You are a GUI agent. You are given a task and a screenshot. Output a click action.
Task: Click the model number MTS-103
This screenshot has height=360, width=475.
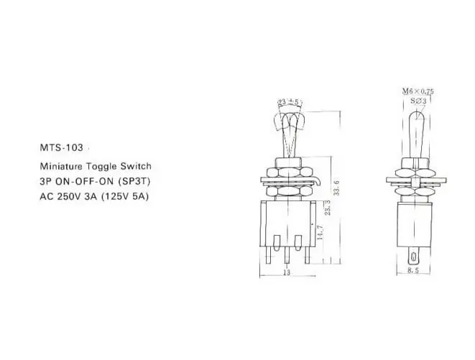[x=61, y=147]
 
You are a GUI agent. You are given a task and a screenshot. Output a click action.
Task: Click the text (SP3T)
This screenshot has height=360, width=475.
[x=134, y=182]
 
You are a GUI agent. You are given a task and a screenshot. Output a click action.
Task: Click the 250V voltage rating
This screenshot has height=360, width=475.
[x=68, y=197]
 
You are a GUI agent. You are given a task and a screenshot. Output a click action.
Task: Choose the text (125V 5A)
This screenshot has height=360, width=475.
[x=126, y=197]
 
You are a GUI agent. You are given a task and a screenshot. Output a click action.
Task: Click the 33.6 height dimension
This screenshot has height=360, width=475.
[x=336, y=188]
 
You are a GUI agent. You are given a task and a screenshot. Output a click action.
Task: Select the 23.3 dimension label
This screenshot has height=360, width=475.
[x=327, y=208]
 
